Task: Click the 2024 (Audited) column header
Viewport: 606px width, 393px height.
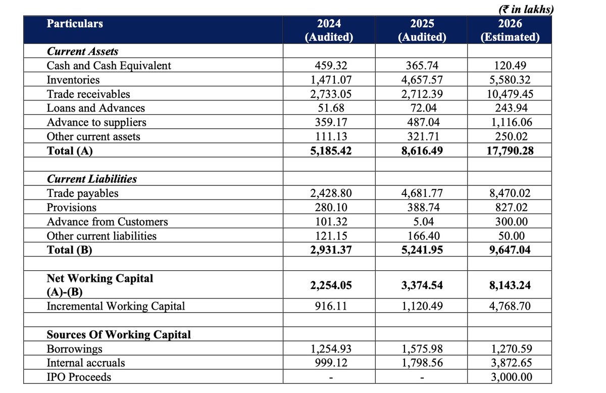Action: coord(329,30)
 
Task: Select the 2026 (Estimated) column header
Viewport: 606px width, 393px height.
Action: coord(510,30)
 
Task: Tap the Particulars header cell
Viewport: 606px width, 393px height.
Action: coord(75,24)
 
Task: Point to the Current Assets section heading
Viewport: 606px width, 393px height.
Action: coord(82,52)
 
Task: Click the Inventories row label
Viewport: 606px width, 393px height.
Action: coord(73,80)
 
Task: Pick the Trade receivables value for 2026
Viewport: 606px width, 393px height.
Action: coord(510,94)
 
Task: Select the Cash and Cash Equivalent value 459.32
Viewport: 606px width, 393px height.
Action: coord(329,66)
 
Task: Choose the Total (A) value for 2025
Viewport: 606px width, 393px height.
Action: coord(422,151)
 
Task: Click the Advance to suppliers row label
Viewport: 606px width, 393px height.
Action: coord(96,122)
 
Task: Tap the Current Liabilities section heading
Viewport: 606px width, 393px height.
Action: coord(91,179)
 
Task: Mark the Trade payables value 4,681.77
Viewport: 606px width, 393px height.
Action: coord(422,193)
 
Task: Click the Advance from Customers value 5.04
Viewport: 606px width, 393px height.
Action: coord(422,222)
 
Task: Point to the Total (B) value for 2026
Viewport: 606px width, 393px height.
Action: coord(510,250)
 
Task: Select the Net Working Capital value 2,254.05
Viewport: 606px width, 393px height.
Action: coord(329,285)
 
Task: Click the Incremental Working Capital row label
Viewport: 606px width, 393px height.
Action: coord(116,306)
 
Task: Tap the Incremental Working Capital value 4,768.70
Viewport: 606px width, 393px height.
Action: coord(510,306)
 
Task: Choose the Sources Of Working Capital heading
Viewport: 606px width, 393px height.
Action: coord(119,335)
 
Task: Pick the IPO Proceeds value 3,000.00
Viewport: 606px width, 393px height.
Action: coord(510,377)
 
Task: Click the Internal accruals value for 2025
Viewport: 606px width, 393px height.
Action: coord(422,363)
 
